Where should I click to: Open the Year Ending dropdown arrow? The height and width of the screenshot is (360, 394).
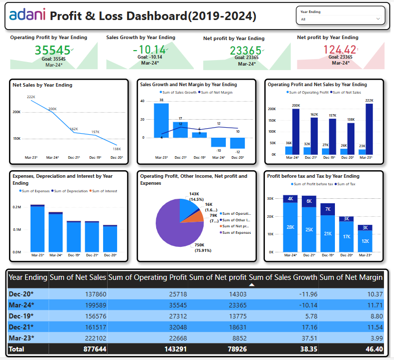coord(377,20)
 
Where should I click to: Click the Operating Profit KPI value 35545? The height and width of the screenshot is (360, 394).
coord(53,50)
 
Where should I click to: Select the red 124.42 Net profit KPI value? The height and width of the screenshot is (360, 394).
coord(340,50)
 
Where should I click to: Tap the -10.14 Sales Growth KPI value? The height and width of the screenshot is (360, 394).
coord(149,50)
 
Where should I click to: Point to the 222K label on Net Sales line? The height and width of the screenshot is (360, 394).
coord(31,97)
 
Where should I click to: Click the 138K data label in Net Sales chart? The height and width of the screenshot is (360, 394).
coord(117,149)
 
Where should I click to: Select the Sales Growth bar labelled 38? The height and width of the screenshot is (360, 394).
coord(161,120)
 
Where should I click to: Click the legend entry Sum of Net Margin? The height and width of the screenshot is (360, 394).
coord(215,93)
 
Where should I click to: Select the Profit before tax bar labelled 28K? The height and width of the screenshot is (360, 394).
coord(290,227)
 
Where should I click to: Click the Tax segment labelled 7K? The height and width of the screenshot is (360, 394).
coord(328,209)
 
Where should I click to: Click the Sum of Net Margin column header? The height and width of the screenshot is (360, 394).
coord(351,277)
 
